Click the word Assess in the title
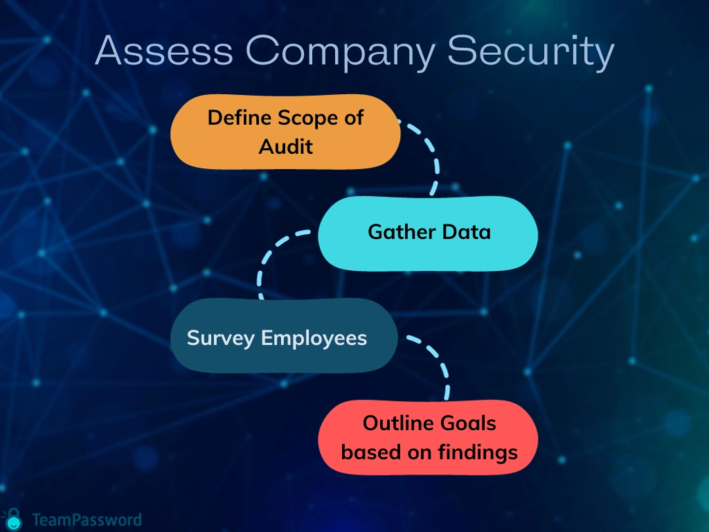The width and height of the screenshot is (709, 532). click(x=164, y=50)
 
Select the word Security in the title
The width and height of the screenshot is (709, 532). click(x=531, y=53)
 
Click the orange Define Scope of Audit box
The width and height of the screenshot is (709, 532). click(x=285, y=132)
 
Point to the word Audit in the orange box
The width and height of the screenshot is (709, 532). click(x=286, y=147)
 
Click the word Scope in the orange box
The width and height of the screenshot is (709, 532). click(x=307, y=118)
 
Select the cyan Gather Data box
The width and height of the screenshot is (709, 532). click(x=428, y=233)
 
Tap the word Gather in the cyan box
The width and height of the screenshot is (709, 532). click(x=402, y=231)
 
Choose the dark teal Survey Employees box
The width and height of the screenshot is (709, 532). click(x=284, y=335)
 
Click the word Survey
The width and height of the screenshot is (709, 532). click(x=221, y=338)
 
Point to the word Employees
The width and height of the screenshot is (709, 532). click(x=314, y=338)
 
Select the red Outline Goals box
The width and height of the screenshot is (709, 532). click(x=428, y=438)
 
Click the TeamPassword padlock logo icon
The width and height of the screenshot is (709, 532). click(x=14, y=520)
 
